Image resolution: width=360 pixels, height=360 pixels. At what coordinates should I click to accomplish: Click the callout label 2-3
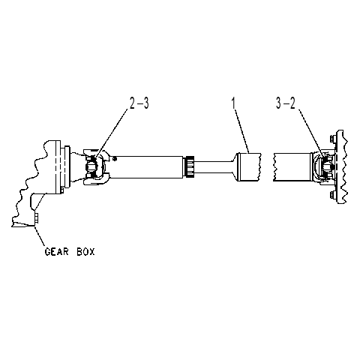(x=139, y=103)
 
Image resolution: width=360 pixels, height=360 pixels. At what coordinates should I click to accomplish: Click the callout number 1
(x=233, y=103)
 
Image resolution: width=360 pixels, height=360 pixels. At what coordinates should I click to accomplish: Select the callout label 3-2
(x=286, y=103)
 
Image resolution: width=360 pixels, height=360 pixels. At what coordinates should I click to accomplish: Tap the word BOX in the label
(x=85, y=251)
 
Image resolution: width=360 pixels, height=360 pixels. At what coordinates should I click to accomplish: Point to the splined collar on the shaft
(x=189, y=166)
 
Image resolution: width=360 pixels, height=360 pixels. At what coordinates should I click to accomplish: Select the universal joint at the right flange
(x=324, y=166)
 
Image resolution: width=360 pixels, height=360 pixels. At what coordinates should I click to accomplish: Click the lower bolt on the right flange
(x=332, y=195)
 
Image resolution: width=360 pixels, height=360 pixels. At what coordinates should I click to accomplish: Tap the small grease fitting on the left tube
(x=115, y=158)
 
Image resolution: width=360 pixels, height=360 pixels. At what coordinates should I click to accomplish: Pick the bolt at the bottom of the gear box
(x=37, y=218)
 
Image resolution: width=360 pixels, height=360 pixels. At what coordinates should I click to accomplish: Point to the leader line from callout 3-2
(x=312, y=134)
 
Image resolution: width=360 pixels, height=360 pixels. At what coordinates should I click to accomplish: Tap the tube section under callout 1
(x=249, y=167)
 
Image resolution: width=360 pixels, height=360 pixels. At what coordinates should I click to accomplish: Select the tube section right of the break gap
(x=292, y=167)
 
